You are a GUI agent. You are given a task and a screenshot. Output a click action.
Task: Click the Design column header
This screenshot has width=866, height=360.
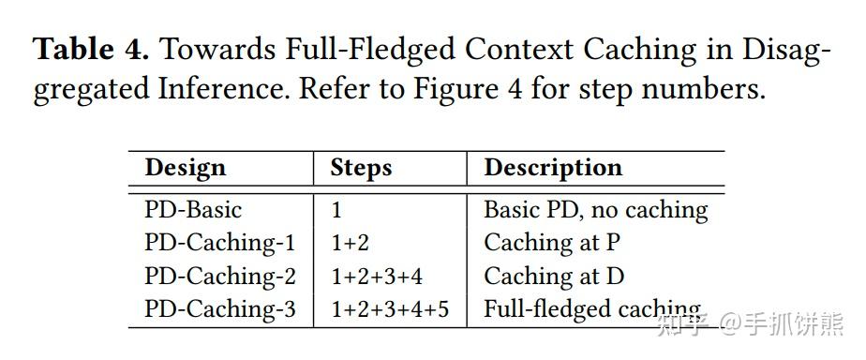click(x=185, y=169)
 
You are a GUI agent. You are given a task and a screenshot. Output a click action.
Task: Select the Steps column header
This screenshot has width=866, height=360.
click(x=360, y=169)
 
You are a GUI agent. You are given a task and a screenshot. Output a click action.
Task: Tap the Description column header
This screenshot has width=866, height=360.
click(x=552, y=169)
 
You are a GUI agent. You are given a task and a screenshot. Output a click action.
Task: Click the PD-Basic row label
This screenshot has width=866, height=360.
click(x=192, y=210)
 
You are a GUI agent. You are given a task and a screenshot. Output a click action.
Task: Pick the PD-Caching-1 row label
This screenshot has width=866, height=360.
click(x=219, y=244)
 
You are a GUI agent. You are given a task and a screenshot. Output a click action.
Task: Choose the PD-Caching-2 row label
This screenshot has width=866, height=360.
click(x=219, y=277)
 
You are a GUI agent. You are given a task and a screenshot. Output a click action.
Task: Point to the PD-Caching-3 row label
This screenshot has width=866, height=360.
click(x=219, y=310)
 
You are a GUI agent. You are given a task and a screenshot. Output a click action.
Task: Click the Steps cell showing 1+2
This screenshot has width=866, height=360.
click(x=350, y=244)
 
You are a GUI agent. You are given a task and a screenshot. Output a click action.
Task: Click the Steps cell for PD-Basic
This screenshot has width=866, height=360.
click(x=336, y=210)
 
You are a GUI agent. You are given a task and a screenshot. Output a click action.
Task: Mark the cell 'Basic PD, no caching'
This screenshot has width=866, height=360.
click(x=595, y=210)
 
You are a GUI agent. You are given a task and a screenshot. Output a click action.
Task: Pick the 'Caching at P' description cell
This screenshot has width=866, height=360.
click(x=551, y=244)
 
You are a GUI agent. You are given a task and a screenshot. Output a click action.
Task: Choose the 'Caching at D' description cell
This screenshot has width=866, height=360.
click(x=553, y=277)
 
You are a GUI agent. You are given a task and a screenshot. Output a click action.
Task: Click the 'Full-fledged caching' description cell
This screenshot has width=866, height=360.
click(x=591, y=310)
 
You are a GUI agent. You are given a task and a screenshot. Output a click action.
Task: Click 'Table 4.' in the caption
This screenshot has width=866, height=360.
click(x=91, y=50)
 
